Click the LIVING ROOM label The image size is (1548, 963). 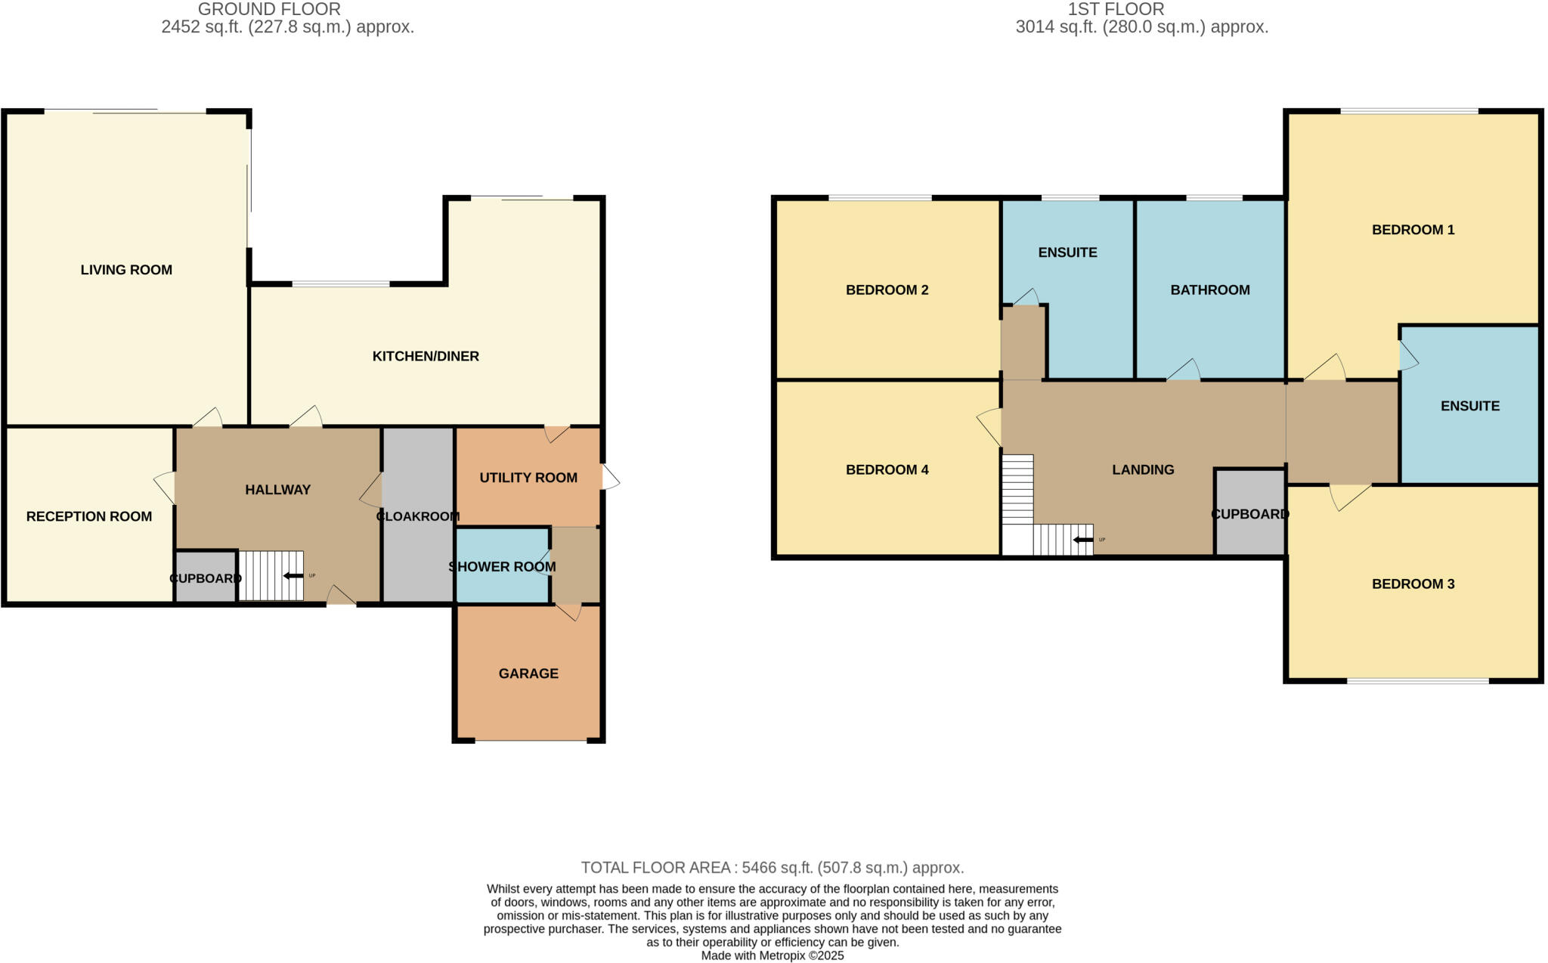[126, 270]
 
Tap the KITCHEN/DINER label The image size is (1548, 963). [426, 356]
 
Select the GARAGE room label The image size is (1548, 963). [528, 673]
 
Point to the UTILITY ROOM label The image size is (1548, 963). [528, 478]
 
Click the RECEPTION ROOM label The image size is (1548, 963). [89, 516]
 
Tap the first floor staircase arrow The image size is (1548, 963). [1082, 540]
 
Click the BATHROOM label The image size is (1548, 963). [1210, 290]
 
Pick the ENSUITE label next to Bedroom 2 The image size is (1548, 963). [1067, 252]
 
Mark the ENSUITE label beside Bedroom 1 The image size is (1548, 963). [1469, 406]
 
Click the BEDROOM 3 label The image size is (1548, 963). [1413, 584]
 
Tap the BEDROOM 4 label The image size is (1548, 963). [887, 469]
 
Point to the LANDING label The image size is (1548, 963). [1143, 469]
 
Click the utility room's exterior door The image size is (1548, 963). [610, 477]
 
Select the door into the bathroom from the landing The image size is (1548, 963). [1184, 370]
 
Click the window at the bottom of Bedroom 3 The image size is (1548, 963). [1417, 681]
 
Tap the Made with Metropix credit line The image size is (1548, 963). [772, 955]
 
